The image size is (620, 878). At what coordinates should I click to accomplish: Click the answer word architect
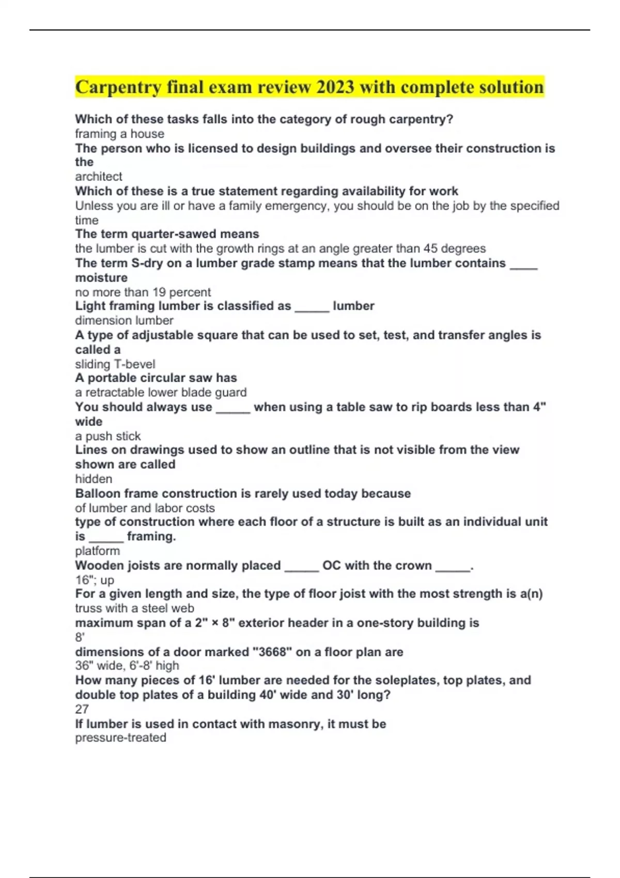click(x=99, y=177)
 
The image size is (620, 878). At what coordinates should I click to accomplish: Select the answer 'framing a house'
click(x=119, y=134)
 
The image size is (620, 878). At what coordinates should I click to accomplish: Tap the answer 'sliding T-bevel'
click(x=115, y=364)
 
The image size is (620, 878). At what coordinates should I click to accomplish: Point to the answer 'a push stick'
click(x=107, y=436)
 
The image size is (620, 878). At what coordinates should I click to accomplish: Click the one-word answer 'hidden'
click(x=94, y=479)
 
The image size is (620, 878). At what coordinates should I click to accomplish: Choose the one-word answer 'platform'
click(x=97, y=551)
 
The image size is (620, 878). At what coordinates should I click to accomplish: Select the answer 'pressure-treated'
click(x=120, y=738)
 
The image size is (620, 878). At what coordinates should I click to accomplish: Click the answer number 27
click(x=82, y=709)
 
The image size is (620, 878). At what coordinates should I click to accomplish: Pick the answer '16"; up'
click(x=95, y=580)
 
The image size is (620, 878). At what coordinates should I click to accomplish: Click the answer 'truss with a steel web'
click(x=134, y=608)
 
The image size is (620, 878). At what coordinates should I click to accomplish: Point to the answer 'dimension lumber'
click(x=124, y=320)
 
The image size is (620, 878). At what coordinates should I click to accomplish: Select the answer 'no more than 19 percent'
click(x=143, y=292)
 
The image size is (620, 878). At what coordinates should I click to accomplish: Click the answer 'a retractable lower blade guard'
click(x=161, y=393)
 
